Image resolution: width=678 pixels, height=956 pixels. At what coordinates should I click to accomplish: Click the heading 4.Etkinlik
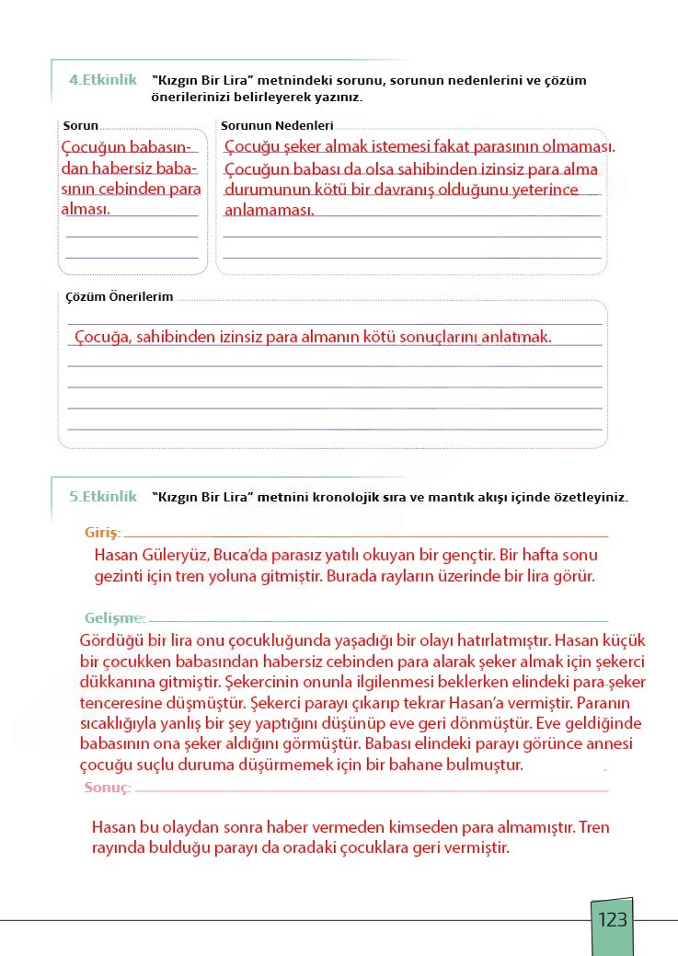[102, 80]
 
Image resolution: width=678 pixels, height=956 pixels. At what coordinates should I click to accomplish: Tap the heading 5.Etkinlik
[102, 496]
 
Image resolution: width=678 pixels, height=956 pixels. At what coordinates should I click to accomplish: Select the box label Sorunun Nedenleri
[278, 125]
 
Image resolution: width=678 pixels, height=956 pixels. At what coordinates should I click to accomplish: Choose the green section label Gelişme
[113, 616]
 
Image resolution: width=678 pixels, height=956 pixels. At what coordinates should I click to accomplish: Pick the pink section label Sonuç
[108, 788]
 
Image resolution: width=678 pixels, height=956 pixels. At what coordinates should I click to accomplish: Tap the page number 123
[612, 920]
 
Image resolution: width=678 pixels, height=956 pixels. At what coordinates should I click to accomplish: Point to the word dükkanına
[120, 682]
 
